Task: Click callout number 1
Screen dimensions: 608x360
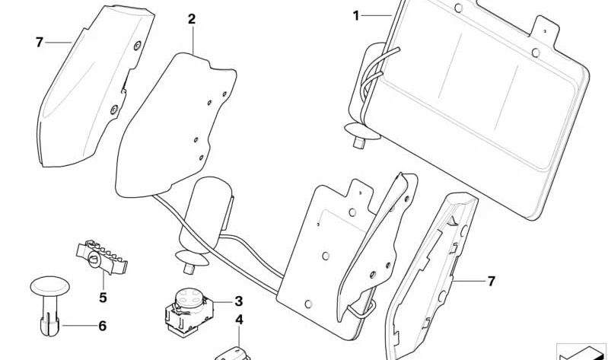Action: pyautogui.click(x=356, y=16)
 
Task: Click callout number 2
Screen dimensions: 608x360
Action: pyautogui.click(x=192, y=19)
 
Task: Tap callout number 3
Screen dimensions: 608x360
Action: pyautogui.click(x=238, y=301)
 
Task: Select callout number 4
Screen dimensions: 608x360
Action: pyautogui.click(x=239, y=320)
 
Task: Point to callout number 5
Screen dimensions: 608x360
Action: pyautogui.click(x=103, y=298)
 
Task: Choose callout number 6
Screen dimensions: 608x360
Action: pyautogui.click(x=102, y=326)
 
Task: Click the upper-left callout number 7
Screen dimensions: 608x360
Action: pyautogui.click(x=39, y=43)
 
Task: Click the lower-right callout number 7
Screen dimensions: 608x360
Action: pyautogui.click(x=492, y=282)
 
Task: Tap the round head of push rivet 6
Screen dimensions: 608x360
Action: pyautogui.click(x=50, y=286)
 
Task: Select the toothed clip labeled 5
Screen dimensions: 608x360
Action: pyautogui.click(x=102, y=256)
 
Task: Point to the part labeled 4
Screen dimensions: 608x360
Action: pyautogui.click(x=232, y=354)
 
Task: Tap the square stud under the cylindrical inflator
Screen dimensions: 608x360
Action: pyautogui.click(x=189, y=269)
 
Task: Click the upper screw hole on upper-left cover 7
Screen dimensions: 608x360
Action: pyautogui.click(x=137, y=46)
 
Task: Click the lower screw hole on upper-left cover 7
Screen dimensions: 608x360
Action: pyautogui.click(x=114, y=110)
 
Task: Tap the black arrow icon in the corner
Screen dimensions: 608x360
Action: pyautogui.click(x=581, y=353)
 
